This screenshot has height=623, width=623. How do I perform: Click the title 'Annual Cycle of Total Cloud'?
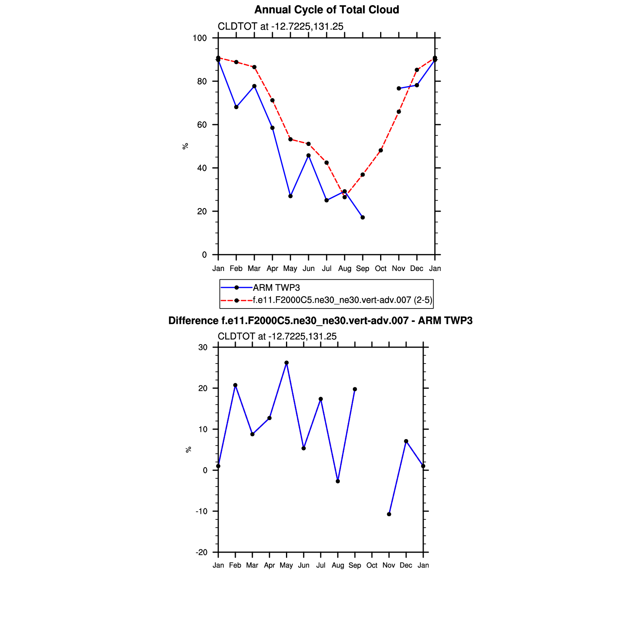(326, 10)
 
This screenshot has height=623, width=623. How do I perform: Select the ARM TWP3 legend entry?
(276, 288)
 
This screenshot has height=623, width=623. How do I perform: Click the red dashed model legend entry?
(342, 300)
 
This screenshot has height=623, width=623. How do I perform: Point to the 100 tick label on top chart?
(200, 38)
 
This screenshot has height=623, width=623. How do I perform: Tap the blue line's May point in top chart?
(290, 196)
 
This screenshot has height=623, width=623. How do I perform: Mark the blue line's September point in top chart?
(363, 218)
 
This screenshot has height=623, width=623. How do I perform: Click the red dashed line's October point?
(381, 150)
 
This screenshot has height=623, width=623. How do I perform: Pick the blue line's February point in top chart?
(236, 107)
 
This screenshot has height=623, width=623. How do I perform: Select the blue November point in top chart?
(399, 89)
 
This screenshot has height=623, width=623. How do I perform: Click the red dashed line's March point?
(254, 67)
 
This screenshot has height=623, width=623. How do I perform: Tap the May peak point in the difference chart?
(286, 363)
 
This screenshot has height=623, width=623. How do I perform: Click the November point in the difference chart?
(389, 514)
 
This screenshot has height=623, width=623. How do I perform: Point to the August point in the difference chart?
(338, 481)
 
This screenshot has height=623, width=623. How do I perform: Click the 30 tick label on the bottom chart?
(203, 347)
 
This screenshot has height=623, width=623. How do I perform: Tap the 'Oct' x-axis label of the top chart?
(381, 269)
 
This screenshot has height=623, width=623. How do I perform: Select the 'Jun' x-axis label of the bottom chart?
(303, 565)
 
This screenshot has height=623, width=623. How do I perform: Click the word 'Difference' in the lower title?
(193, 321)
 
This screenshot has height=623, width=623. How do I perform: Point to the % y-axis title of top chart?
(185, 146)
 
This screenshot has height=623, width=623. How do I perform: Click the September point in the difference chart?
(355, 389)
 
